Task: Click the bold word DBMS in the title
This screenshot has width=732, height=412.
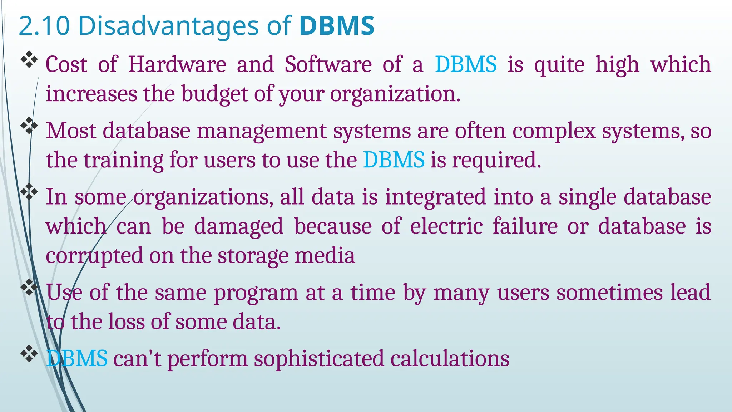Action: point(337,26)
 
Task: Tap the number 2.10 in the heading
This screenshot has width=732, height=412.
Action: point(44,26)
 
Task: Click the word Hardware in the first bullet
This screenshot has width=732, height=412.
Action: point(177,65)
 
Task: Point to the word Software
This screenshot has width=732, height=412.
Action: point(328,65)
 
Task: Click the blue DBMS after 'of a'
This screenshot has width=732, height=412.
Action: point(466,65)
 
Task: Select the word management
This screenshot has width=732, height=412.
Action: point(262,131)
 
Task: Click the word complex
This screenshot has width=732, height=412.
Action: point(554,131)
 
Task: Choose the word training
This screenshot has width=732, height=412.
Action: point(123,161)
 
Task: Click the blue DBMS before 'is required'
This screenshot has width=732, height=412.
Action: point(394,160)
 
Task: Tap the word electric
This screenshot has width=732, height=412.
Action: point(446,227)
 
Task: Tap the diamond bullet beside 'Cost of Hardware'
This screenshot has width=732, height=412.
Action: point(29,60)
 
